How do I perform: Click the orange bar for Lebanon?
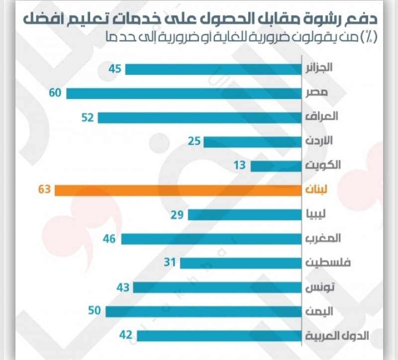click(x=179, y=190)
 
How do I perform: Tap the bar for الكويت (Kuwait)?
click(x=277, y=166)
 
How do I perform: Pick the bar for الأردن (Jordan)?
click(x=253, y=141)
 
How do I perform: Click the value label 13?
click(x=240, y=165)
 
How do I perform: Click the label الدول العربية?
click(x=343, y=335)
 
